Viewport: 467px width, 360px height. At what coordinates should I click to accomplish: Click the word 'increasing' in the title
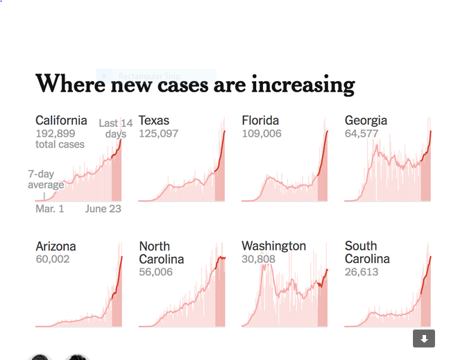pos(303,85)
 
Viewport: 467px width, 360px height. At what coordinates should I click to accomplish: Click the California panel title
pos(61,120)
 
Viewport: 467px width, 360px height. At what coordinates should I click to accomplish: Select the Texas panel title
pos(154,120)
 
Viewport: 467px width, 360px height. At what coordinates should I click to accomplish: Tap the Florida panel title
pos(260,120)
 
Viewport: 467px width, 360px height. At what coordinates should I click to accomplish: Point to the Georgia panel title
pos(366,120)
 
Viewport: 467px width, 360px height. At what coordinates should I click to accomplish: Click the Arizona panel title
pos(56,246)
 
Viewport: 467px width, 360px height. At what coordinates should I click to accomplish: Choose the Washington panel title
pos(273,246)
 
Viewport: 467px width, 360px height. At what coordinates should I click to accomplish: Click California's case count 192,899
pos(56,133)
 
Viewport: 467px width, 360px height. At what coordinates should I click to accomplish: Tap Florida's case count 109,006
pos(262,133)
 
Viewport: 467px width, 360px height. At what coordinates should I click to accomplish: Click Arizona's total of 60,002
pos(53,259)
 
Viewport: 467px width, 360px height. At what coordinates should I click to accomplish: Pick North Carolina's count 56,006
pos(155,272)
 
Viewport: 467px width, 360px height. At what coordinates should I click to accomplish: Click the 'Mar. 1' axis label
pos(50,208)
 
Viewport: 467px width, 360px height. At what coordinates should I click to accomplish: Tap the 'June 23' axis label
pos(103,208)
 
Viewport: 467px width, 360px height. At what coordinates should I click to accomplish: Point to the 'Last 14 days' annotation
pos(115,128)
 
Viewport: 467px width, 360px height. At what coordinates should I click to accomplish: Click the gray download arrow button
pos(424,338)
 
